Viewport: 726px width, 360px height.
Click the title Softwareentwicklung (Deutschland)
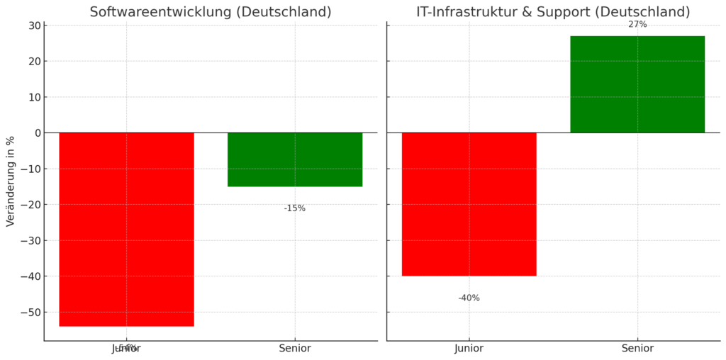click(x=210, y=12)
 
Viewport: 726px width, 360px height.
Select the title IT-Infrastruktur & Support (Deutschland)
click(x=553, y=12)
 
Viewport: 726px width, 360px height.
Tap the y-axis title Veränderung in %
click(x=11, y=181)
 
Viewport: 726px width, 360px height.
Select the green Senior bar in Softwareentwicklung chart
click(x=295, y=159)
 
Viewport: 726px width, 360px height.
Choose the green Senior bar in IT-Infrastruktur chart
click(x=637, y=84)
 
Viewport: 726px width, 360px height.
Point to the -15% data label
click(x=294, y=208)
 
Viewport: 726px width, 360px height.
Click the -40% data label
click(x=469, y=298)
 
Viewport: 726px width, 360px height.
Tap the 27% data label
click(x=637, y=25)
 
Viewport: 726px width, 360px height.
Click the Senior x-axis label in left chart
click(x=295, y=349)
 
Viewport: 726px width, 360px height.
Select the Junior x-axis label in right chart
click(x=469, y=349)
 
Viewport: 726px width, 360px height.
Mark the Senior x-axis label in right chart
click(x=637, y=349)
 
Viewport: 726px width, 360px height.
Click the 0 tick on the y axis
click(x=35, y=133)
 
